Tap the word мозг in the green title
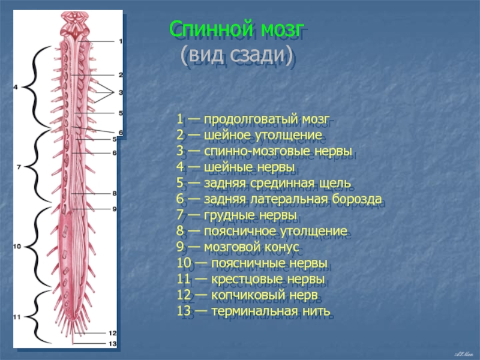[x=282, y=29]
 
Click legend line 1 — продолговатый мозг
[x=253, y=119]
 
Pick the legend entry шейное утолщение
[x=263, y=135]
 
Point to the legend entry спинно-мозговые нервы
[x=278, y=151]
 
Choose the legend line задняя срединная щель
[x=277, y=183]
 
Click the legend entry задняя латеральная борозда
[x=293, y=199]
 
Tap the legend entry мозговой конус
[x=251, y=247]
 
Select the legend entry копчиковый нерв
[x=265, y=295]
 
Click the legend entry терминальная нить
[x=271, y=311]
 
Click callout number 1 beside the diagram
[x=121, y=41]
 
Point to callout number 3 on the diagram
[x=121, y=92]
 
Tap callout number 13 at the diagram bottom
[x=113, y=343]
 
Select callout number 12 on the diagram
[x=113, y=333]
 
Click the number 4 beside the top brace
[x=16, y=87]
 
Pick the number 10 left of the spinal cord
[x=17, y=247]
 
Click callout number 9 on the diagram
[x=115, y=209]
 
